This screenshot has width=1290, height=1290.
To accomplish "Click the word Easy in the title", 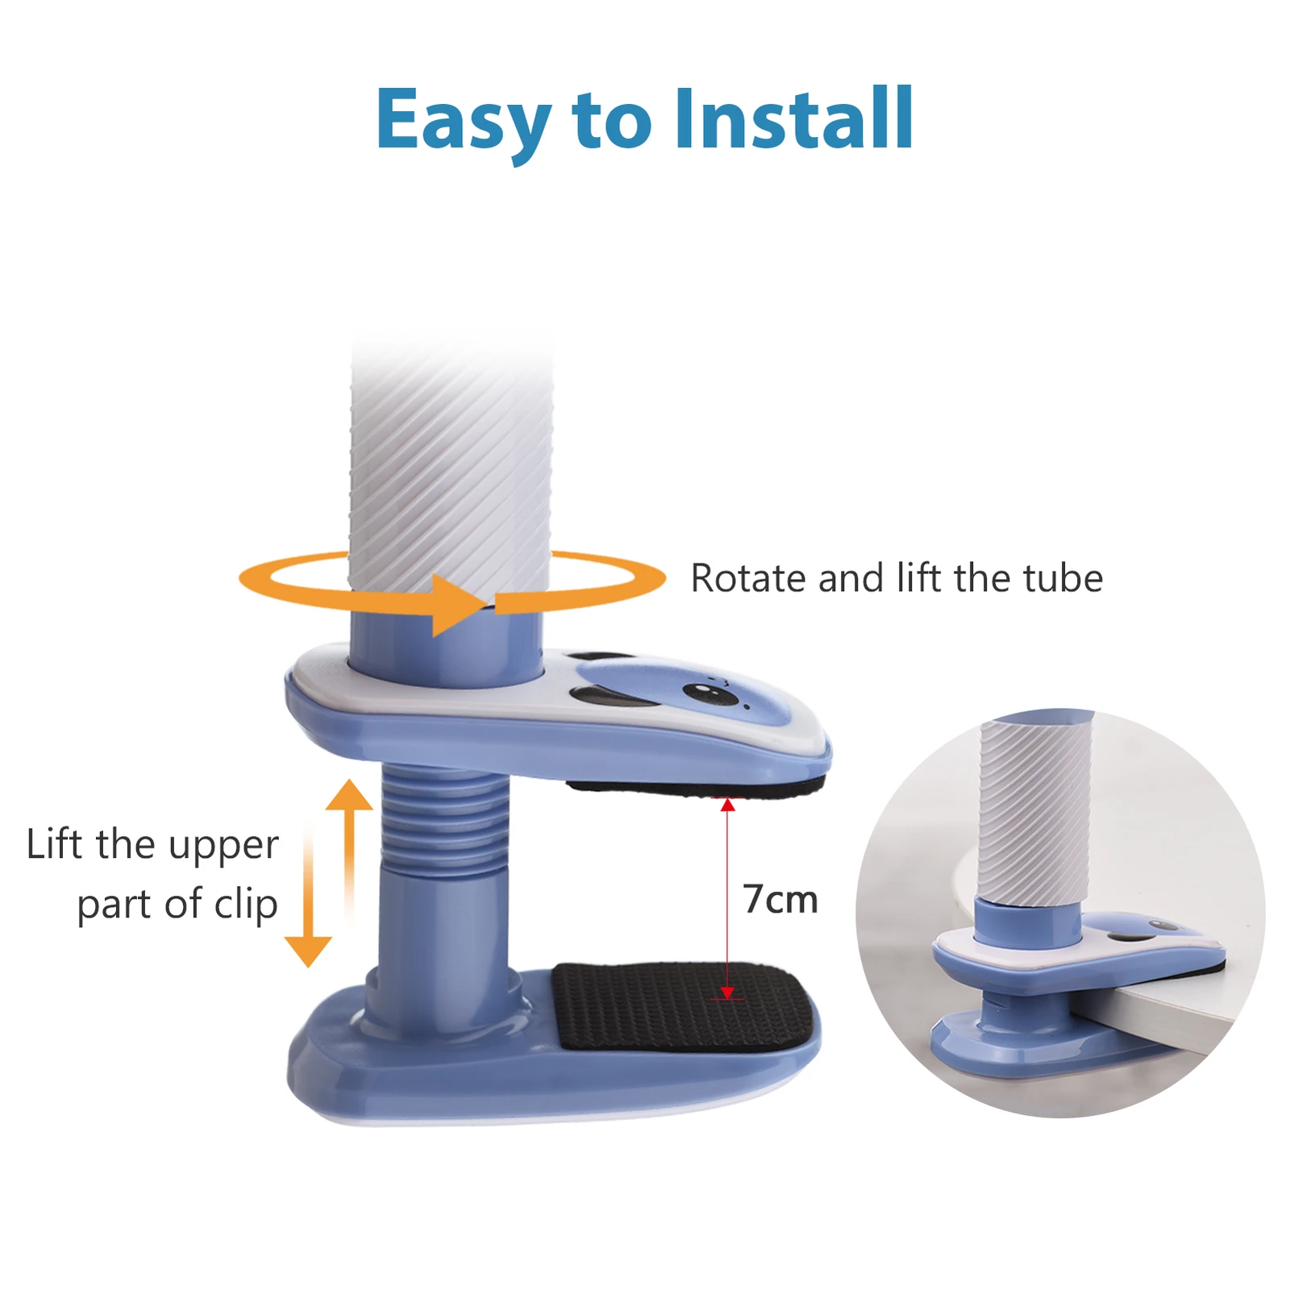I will tap(463, 121).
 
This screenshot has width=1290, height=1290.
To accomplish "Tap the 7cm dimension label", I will tap(780, 899).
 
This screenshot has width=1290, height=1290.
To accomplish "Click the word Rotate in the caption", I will tap(747, 578).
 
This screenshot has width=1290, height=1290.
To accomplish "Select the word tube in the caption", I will tap(1063, 578).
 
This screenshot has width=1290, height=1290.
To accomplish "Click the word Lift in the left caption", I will tap(54, 844).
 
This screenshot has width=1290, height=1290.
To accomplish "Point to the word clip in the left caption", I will tap(246, 904).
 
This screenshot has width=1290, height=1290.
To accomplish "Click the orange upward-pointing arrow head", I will tap(349, 796).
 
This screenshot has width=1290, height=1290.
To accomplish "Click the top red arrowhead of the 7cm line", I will tap(727, 805).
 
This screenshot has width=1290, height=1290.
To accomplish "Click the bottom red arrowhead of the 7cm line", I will tap(727, 992).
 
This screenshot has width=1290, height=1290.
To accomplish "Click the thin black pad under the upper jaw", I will tap(693, 788).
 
